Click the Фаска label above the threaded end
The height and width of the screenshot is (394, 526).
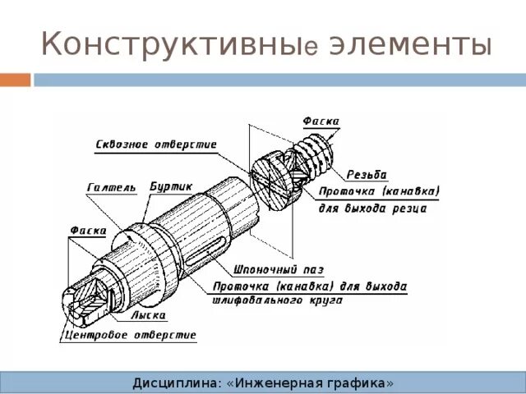(321, 121)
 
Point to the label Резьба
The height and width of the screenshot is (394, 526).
(367, 174)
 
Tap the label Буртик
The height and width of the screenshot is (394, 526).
(170, 187)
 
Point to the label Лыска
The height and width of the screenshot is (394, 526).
(148, 315)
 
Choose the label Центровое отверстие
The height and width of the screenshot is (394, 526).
(131, 335)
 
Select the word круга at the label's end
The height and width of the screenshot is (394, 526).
(332, 301)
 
